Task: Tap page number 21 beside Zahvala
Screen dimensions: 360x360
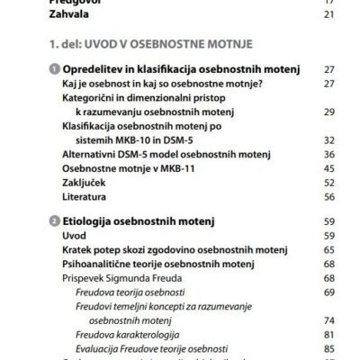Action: click(x=328, y=14)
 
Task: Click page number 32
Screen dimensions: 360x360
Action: click(x=328, y=139)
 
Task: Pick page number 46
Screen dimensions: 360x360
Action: click(x=328, y=168)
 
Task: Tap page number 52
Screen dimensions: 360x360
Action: click(x=328, y=182)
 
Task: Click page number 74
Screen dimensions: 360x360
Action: click(x=328, y=319)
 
